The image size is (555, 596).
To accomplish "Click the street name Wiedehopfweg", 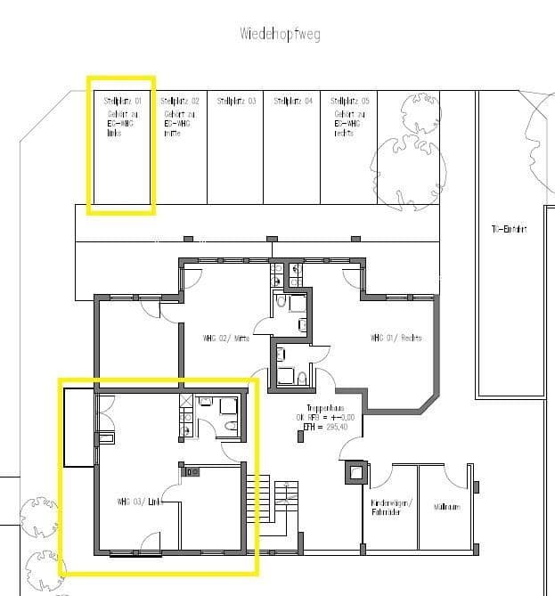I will [x=280, y=35].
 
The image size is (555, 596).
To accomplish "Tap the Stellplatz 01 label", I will [x=122, y=102].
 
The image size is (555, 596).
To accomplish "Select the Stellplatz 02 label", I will [x=179, y=102].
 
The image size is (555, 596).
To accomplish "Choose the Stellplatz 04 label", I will [x=293, y=102].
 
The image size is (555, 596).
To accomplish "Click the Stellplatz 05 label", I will [x=349, y=102].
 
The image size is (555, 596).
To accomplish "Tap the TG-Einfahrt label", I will [x=509, y=229].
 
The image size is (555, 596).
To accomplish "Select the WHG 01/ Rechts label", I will [x=396, y=339].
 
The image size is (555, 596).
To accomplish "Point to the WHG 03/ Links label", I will [x=137, y=502].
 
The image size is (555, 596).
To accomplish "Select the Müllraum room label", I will [x=446, y=507].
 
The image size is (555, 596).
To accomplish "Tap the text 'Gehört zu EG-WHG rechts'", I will [x=345, y=123].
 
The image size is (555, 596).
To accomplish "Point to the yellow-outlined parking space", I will [x=121, y=146].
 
